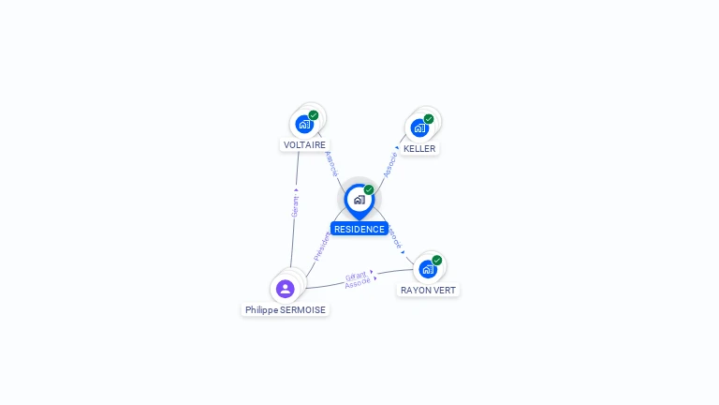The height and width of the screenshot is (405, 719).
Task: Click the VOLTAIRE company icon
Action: click(304, 124)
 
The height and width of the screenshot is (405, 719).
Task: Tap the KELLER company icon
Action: click(419, 127)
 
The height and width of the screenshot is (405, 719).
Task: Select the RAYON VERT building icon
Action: click(428, 269)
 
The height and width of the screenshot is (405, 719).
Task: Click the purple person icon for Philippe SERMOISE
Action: click(286, 289)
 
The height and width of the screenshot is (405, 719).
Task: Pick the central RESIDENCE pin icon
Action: click(359, 200)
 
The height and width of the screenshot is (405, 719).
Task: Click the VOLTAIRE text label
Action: click(304, 145)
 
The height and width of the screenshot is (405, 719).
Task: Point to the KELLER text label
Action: click(419, 148)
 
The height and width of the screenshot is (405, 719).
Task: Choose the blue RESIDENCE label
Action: click(359, 229)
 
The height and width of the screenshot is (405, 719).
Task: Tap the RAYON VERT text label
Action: click(428, 291)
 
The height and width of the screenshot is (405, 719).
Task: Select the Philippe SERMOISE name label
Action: click(286, 309)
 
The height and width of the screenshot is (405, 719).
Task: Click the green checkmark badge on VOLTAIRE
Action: click(314, 115)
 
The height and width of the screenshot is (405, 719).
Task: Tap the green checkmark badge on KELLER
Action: click(429, 119)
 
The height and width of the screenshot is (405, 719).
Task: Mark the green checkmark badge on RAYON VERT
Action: click(437, 261)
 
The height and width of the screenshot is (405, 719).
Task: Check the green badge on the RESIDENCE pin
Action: click(369, 190)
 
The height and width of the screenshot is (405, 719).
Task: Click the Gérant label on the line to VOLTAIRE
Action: click(295, 203)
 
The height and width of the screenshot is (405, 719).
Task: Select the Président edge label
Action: click(321, 247)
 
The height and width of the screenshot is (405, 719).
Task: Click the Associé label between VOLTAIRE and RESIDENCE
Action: click(330, 163)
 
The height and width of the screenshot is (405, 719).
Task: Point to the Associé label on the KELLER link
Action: click(390, 164)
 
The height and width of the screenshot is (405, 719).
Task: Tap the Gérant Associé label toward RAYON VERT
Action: click(358, 280)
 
